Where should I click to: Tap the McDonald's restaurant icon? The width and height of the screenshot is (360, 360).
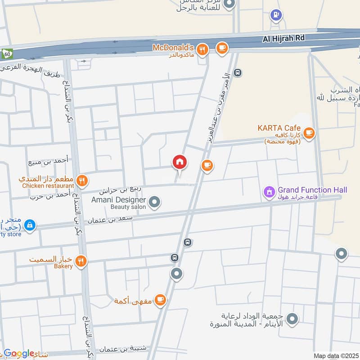(x=203, y=49)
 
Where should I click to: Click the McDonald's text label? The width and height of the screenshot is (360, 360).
(x=173, y=47)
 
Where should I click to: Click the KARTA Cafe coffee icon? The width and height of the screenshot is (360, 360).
(x=309, y=133)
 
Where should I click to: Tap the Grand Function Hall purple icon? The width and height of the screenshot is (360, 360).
(x=269, y=193)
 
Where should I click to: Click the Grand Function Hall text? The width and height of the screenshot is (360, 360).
(x=312, y=190)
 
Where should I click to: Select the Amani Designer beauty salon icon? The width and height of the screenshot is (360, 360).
(x=155, y=202)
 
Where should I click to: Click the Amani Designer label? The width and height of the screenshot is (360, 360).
(x=119, y=199)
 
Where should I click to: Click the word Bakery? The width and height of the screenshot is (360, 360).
(x=63, y=266)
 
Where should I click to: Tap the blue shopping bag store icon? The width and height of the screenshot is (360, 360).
(x=30, y=225)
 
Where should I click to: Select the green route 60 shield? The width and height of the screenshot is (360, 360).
(x=5, y=53)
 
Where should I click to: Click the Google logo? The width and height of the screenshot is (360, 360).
(x=18, y=354)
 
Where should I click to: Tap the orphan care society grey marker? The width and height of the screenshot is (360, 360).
(x=292, y=320)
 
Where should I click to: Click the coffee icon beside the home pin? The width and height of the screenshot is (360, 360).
(x=207, y=166)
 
